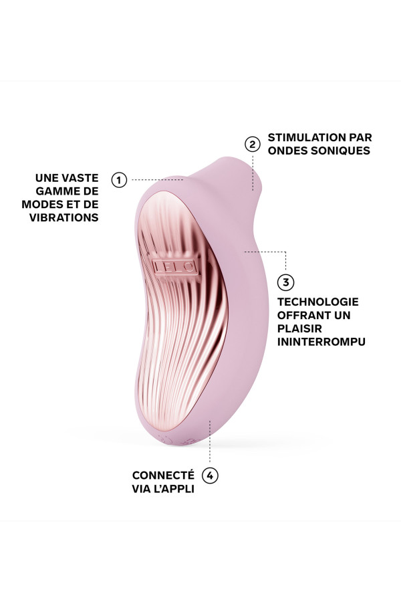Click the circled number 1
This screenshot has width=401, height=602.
[x=119, y=179]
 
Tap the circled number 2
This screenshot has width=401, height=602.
[x=252, y=144]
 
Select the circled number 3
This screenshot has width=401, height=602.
[x=285, y=282]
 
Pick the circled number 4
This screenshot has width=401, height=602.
[x=211, y=476]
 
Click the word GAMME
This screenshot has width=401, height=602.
[x=61, y=191]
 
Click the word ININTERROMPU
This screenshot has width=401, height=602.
[x=321, y=342]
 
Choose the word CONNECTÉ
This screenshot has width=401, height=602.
[x=163, y=475]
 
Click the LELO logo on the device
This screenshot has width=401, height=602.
[x=175, y=266]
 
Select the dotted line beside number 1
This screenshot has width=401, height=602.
[x=156, y=179]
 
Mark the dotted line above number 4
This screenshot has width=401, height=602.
[x=211, y=445]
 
